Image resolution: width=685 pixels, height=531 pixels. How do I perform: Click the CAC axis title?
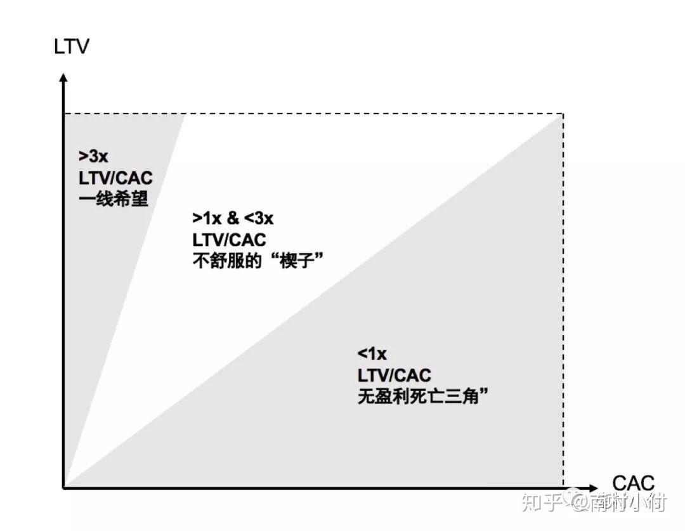[633, 483]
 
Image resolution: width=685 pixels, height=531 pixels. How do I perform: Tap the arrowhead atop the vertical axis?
[63, 78]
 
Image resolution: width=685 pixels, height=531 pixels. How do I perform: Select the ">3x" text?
[93, 156]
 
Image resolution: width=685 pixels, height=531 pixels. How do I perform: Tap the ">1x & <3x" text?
[233, 218]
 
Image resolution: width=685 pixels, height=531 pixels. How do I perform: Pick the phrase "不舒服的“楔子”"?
[254, 261]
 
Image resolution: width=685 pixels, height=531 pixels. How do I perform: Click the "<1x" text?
[372, 353]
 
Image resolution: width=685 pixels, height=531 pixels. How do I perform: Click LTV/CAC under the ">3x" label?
[116, 178]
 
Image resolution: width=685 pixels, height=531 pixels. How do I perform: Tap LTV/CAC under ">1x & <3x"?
[229, 240]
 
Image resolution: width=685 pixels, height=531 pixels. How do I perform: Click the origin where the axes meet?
[63, 488]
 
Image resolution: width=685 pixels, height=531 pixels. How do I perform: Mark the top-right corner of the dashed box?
[563, 114]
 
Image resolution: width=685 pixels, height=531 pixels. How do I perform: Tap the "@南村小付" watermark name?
[619, 504]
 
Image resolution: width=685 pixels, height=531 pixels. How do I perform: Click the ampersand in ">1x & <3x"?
[233, 218]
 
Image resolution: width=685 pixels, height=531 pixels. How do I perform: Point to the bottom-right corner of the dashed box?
[563, 488]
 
